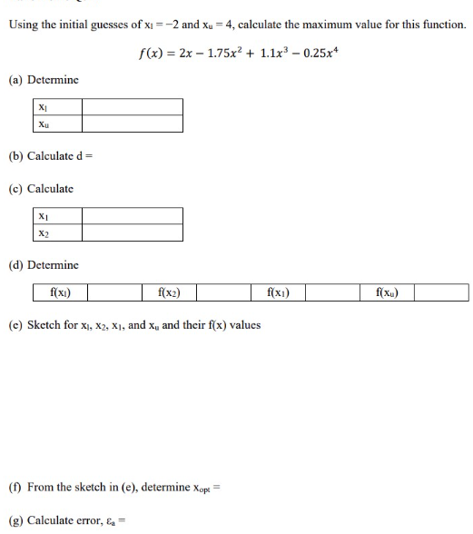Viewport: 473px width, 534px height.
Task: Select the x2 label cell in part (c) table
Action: pyautogui.click(x=44, y=233)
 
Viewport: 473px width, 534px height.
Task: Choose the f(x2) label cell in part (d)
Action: pyautogui.click(x=169, y=292)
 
